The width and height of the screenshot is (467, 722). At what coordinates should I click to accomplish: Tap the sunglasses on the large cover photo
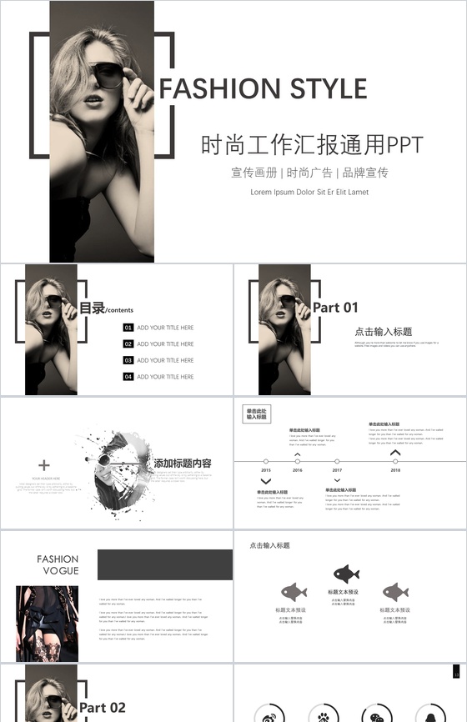(x=108, y=76)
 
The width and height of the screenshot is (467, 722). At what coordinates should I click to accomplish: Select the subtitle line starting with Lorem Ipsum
(x=309, y=192)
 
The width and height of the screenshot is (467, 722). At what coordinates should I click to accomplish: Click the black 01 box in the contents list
(x=128, y=328)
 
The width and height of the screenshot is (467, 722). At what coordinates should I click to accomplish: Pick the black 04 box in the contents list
(x=128, y=377)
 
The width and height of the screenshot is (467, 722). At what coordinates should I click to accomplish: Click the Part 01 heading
(x=335, y=308)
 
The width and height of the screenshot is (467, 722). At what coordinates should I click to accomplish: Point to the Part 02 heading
(x=103, y=708)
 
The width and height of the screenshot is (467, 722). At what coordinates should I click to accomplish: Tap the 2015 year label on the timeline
(x=266, y=471)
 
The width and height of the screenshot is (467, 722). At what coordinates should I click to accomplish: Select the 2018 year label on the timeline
(x=395, y=471)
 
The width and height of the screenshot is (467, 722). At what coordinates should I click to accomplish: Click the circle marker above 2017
(x=337, y=461)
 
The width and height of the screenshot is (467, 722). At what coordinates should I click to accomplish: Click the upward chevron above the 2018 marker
(x=395, y=453)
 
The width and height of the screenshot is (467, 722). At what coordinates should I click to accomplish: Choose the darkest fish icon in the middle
(x=346, y=574)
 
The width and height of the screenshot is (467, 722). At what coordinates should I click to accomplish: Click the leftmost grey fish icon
(x=294, y=592)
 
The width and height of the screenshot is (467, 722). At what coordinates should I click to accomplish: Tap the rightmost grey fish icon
(x=395, y=592)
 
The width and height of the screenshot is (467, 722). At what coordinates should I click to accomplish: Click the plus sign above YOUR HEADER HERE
(x=44, y=465)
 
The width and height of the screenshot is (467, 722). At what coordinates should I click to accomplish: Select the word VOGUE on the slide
(x=61, y=571)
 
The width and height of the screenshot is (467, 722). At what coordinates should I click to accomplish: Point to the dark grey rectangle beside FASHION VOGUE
(x=164, y=564)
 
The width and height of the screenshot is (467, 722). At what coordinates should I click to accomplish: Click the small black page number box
(x=456, y=672)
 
